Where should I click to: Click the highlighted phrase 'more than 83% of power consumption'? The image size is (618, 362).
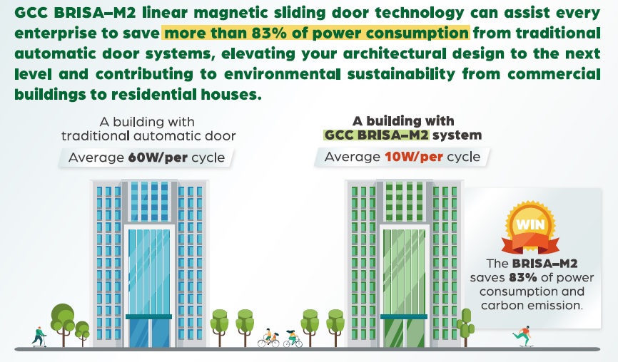(316, 33)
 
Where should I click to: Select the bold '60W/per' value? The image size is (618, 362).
(158, 157)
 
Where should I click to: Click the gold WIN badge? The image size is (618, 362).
(530, 227)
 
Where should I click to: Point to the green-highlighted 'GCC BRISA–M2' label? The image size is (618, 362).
(376, 135)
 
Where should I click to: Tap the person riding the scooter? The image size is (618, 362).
(39, 337)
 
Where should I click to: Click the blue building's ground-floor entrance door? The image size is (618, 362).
(149, 333)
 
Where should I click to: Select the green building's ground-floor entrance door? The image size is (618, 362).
(404, 333)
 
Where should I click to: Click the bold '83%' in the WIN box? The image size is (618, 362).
(522, 278)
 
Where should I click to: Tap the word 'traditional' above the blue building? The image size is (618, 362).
(96, 136)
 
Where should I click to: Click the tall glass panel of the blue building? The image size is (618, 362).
(149, 271)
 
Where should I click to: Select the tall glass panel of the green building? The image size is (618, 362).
(404, 271)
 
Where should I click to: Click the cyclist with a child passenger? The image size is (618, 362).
(268, 338)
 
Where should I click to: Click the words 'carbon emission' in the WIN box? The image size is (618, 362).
(532, 305)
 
